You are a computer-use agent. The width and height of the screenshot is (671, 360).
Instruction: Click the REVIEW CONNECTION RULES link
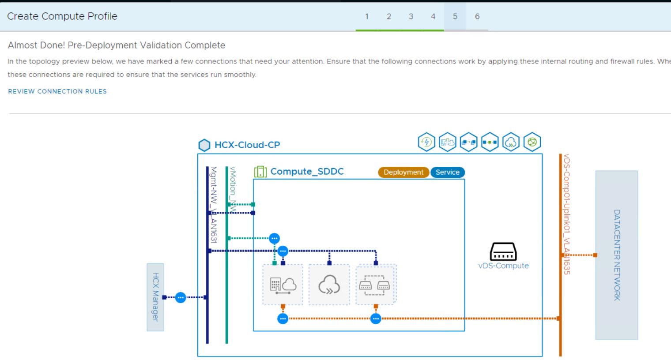click(57, 91)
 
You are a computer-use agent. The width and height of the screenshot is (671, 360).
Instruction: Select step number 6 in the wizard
click(477, 16)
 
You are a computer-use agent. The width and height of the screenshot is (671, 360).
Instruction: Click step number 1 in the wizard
click(366, 16)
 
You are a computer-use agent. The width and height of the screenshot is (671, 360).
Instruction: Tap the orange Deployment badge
click(403, 172)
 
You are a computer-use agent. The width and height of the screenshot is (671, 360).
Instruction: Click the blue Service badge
click(447, 172)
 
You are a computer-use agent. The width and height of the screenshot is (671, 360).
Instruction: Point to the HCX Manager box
click(155, 297)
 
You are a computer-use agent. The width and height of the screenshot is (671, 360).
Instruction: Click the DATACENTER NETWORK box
click(616, 255)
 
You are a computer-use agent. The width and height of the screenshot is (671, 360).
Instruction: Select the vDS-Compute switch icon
click(503, 252)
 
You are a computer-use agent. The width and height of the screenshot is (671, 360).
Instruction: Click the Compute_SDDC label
click(307, 172)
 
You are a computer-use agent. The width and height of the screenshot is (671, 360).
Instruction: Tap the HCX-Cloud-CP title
click(247, 145)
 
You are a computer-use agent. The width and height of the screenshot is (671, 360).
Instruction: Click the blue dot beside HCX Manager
click(181, 297)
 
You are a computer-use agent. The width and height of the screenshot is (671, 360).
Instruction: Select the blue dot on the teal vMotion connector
click(274, 238)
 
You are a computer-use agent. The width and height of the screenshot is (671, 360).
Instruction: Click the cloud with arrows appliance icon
click(329, 285)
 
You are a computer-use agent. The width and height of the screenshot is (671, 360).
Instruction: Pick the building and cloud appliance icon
click(283, 285)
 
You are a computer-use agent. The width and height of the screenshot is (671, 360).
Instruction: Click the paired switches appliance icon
click(376, 285)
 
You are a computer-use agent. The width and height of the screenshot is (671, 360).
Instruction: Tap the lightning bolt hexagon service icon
click(426, 142)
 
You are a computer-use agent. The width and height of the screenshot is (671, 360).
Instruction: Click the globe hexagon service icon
click(532, 142)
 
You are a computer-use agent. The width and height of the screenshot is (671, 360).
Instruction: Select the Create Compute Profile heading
click(62, 16)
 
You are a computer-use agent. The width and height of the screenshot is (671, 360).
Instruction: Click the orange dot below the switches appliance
click(376, 319)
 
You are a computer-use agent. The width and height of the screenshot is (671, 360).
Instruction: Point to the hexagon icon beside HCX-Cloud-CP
click(204, 145)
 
